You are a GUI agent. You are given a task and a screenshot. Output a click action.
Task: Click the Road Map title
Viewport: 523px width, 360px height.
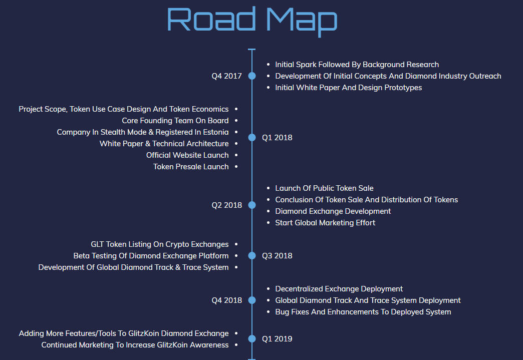pyautogui.click(x=252, y=22)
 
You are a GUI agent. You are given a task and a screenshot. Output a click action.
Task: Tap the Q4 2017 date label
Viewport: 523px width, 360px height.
pyautogui.click(x=226, y=76)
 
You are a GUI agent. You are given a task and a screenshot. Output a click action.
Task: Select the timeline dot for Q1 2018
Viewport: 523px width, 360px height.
pyautogui.click(x=252, y=137)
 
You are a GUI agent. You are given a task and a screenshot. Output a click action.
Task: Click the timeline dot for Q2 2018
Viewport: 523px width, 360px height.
pyautogui.click(x=252, y=205)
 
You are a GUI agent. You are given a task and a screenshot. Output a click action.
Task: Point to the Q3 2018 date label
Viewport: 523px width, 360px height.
pyautogui.click(x=277, y=256)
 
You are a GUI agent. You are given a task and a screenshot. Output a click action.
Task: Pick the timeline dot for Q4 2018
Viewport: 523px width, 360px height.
pyautogui.click(x=252, y=300)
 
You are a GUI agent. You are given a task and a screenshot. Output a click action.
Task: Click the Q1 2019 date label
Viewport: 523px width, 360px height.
pyautogui.click(x=277, y=338)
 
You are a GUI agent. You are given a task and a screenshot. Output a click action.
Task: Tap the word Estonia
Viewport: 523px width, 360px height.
pyautogui.click(x=216, y=132)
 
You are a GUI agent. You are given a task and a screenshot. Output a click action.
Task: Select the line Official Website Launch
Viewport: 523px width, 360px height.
pyautogui.click(x=187, y=155)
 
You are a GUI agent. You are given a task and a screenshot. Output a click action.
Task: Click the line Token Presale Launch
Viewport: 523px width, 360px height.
pyautogui.click(x=191, y=167)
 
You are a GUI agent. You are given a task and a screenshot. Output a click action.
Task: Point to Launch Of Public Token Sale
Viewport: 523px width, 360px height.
pyautogui.click(x=324, y=188)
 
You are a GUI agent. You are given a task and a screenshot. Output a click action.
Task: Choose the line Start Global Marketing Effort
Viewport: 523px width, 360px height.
pyautogui.click(x=325, y=223)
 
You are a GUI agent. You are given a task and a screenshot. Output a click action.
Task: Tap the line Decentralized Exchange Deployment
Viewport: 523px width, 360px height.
pyautogui.click(x=339, y=289)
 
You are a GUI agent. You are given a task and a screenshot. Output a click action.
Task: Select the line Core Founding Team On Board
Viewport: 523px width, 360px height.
pyautogui.click(x=175, y=120)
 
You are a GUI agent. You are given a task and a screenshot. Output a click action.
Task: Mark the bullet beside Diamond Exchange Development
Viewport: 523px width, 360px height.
pyautogui.click(x=268, y=211)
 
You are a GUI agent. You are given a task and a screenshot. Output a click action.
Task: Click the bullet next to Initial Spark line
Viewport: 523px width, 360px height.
pyautogui.click(x=268, y=64)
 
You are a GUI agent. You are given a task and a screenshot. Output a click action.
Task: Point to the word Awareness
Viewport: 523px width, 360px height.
pyautogui.click(x=209, y=345)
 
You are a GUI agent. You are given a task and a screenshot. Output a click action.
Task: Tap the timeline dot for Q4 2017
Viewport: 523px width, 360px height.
pyautogui.click(x=252, y=76)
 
